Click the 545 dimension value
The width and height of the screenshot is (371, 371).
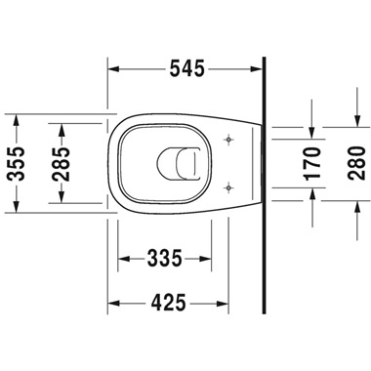click(x=185, y=69)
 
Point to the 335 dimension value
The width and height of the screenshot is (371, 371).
click(x=166, y=259)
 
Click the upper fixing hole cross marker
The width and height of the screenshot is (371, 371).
click(x=228, y=137)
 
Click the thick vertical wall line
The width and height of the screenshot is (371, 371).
click(x=266, y=195)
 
